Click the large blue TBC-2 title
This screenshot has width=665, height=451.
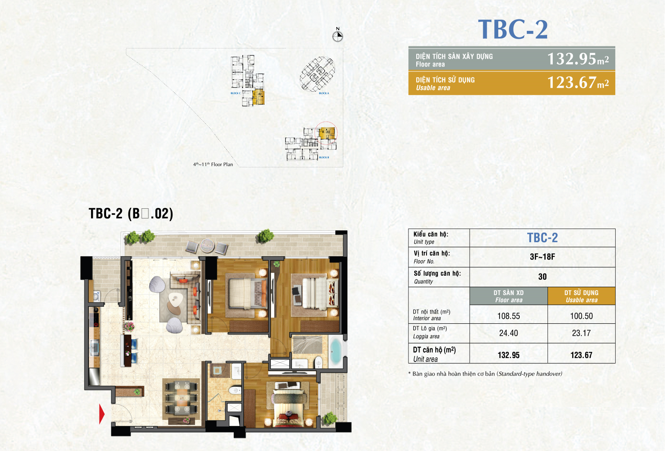click(x=513, y=30)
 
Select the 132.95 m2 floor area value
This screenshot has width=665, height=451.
click(x=577, y=59)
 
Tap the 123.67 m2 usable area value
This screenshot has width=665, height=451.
click(x=577, y=83)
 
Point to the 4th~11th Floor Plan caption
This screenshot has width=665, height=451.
click(x=213, y=164)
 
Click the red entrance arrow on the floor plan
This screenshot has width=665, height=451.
click(x=102, y=414)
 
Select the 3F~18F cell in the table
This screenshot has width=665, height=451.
click(x=542, y=257)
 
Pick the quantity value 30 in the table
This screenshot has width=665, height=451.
click(x=542, y=277)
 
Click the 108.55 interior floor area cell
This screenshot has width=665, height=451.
click(x=508, y=316)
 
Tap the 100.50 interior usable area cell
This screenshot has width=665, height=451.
click(x=581, y=316)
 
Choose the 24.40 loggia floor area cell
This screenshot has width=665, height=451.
click(x=508, y=333)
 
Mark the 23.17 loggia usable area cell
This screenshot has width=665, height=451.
click(x=581, y=333)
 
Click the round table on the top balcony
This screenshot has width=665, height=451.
click(x=207, y=245)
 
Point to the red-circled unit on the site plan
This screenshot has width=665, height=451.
click(x=327, y=133)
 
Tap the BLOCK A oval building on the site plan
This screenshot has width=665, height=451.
click(x=317, y=74)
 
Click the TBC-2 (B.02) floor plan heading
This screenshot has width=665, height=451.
click(x=131, y=214)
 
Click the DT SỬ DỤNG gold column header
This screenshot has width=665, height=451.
click(x=581, y=296)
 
